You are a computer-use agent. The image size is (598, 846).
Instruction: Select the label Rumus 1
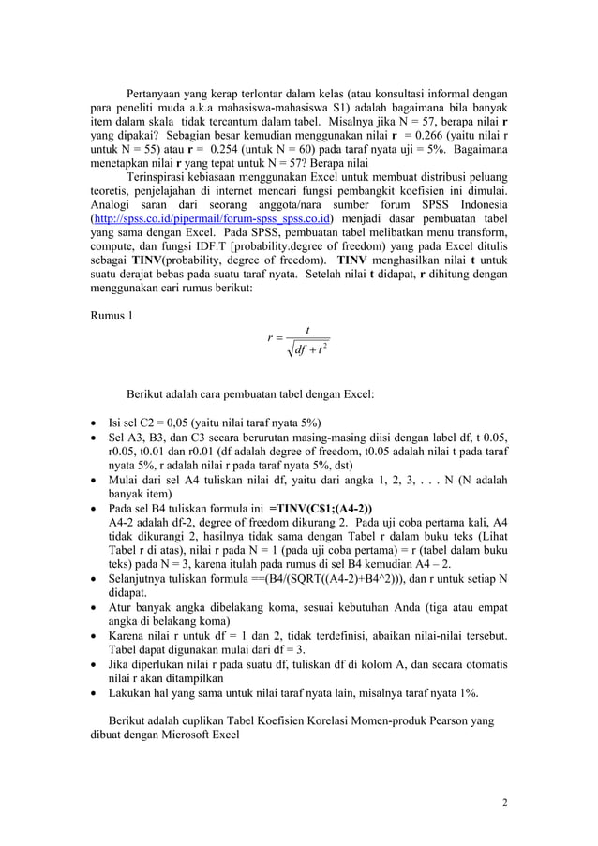coord(107,314)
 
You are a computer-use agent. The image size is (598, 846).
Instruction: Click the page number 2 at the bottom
coord(504,802)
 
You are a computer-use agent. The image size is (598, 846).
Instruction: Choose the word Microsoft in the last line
coord(172,735)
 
